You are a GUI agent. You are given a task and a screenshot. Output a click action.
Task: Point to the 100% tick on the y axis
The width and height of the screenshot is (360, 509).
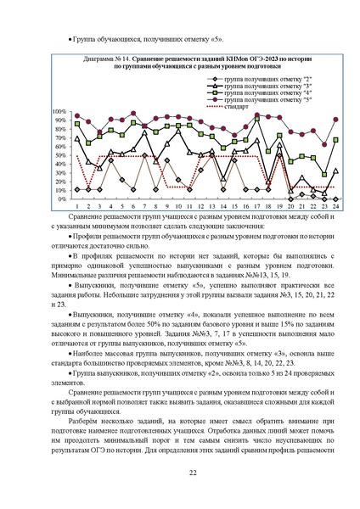59,112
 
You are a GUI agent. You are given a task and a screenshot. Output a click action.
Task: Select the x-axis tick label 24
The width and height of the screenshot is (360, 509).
336,207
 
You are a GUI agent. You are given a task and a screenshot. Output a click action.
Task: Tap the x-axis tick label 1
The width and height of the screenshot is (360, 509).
77,207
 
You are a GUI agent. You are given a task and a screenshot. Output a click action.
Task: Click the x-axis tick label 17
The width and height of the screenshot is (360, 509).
257,207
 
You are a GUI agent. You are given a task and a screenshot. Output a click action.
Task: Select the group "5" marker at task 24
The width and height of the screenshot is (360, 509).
336,120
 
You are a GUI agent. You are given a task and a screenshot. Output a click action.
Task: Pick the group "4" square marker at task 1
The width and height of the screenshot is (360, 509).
77,123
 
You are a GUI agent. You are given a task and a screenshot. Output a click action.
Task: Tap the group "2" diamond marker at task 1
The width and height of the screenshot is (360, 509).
77,189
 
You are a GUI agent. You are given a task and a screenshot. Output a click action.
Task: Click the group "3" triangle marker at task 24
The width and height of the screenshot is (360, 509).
336,171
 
